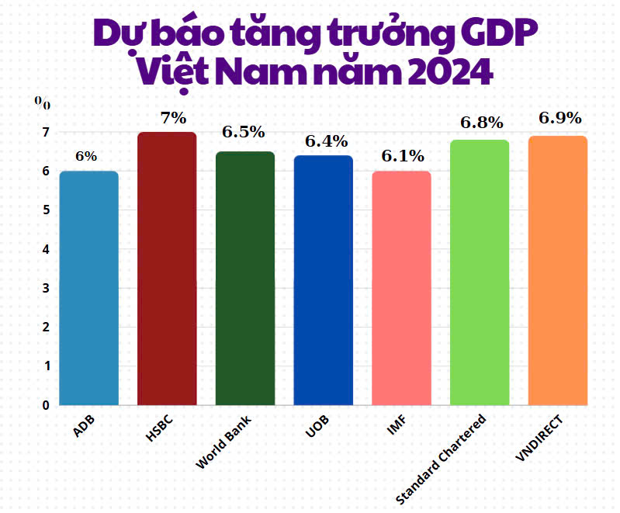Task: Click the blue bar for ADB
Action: point(89,287)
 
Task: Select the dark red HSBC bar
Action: point(167,268)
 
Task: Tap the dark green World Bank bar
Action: point(245,278)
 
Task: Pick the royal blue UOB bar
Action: point(324,279)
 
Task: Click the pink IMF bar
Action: point(401,287)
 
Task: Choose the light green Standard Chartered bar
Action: point(480,272)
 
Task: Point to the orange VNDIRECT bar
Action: point(558,270)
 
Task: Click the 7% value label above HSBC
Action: point(173,118)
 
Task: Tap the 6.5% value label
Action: point(244,132)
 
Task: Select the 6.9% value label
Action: point(560,118)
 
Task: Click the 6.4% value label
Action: point(326,141)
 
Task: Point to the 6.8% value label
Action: point(482,123)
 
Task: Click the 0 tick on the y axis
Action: point(46,405)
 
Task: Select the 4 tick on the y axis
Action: point(46,249)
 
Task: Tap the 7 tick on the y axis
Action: point(46,133)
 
